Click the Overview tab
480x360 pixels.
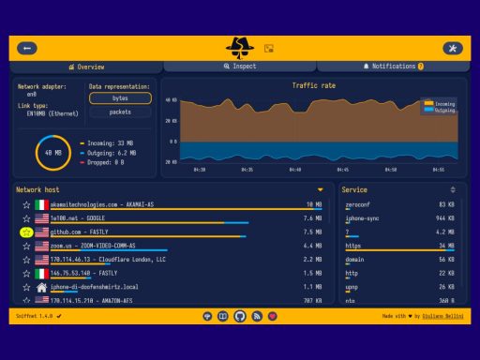point(87,67)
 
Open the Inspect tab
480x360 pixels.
point(240,67)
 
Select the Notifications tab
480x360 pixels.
point(394,67)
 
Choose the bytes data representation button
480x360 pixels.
point(120,97)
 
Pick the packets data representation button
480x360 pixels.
point(120,112)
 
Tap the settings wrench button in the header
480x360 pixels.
point(452,48)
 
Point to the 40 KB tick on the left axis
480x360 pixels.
point(171,99)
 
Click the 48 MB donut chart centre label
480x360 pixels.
point(49,151)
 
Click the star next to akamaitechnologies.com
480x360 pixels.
point(26,204)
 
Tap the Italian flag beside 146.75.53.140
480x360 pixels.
point(41,273)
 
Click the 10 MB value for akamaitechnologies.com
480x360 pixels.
point(314,204)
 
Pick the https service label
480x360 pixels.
point(353,246)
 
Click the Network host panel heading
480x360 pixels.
point(37,189)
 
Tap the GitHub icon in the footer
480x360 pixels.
point(240,317)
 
